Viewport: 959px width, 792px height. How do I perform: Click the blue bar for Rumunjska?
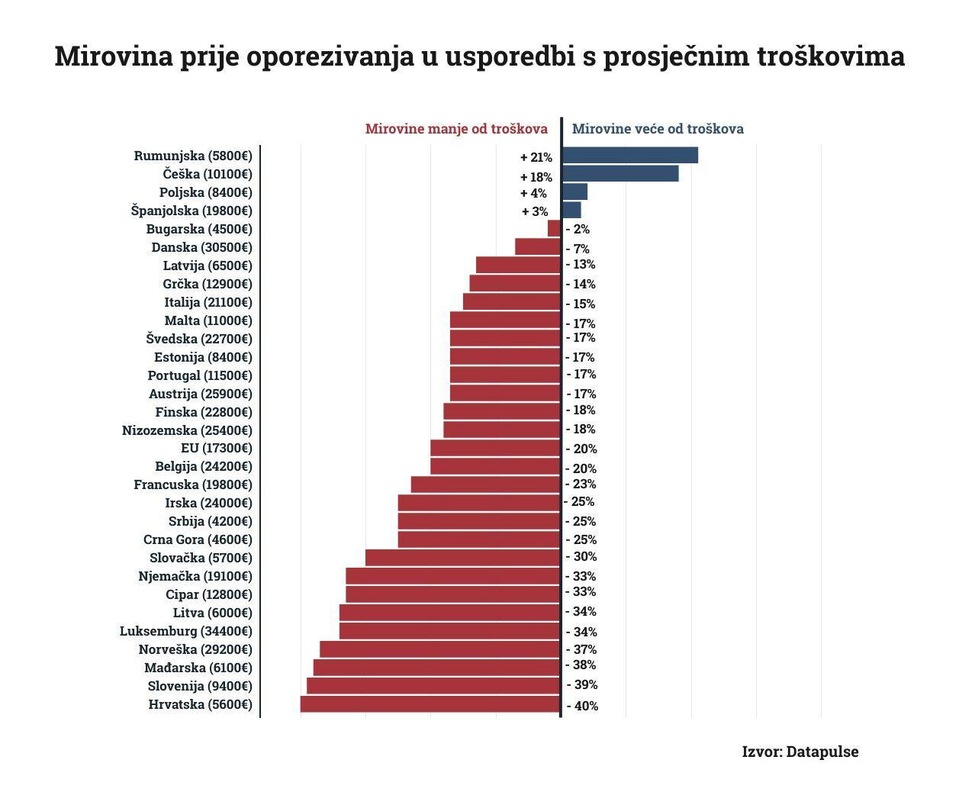click(x=630, y=155)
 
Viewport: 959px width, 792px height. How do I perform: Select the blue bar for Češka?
click(x=620, y=173)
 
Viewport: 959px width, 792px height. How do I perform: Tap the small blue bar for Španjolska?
click(x=571, y=210)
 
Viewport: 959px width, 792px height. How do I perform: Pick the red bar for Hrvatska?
click(x=430, y=703)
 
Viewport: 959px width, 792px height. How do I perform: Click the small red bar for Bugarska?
click(x=554, y=228)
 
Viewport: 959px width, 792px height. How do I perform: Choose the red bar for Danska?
click(x=538, y=246)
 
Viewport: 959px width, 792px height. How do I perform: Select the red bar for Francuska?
click(x=486, y=485)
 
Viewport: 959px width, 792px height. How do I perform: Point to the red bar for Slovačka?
click(x=463, y=558)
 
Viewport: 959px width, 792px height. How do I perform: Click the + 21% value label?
click(x=536, y=157)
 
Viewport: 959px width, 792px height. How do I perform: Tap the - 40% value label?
click(x=582, y=706)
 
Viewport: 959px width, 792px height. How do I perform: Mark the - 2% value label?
click(x=578, y=229)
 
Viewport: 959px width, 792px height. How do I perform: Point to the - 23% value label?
click(x=581, y=484)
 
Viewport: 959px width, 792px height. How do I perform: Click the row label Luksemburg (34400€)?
click(x=185, y=631)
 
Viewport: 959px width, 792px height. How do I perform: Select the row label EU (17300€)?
click(x=216, y=448)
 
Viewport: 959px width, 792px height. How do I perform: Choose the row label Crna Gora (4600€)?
click(x=198, y=539)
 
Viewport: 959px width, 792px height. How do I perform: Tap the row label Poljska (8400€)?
click(x=205, y=192)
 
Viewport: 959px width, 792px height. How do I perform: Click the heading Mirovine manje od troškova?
click(x=456, y=129)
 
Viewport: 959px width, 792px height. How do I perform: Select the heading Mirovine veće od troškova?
click(x=658, y=129)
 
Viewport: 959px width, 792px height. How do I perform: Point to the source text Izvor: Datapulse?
click(x=800, y=752)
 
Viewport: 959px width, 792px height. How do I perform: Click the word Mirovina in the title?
click(x=114, y=56)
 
